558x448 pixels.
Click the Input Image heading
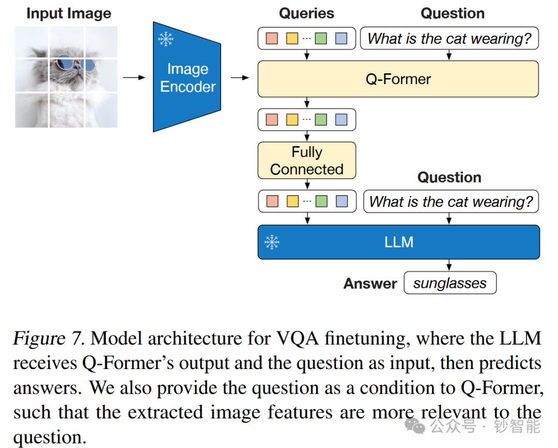click(69, 13)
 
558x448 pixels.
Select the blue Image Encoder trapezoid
click(187, 77)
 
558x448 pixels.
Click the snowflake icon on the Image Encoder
click(165, 39)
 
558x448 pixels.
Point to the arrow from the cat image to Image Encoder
click(134, 77)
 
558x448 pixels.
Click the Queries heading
click(306, 13)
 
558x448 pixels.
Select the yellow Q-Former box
click(398, 79)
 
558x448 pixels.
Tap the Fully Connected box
click(307, 161)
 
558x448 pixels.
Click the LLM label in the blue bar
click(399, 242)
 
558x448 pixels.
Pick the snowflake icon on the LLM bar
click(272, 242)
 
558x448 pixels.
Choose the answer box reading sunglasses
click(450, 283)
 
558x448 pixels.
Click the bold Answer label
click(370, 283)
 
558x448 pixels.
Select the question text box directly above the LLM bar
click(451, 201)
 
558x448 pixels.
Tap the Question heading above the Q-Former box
click(453, 13)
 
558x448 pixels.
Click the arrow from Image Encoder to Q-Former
click(239, 77)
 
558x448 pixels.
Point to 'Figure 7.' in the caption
click(48, 339)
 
